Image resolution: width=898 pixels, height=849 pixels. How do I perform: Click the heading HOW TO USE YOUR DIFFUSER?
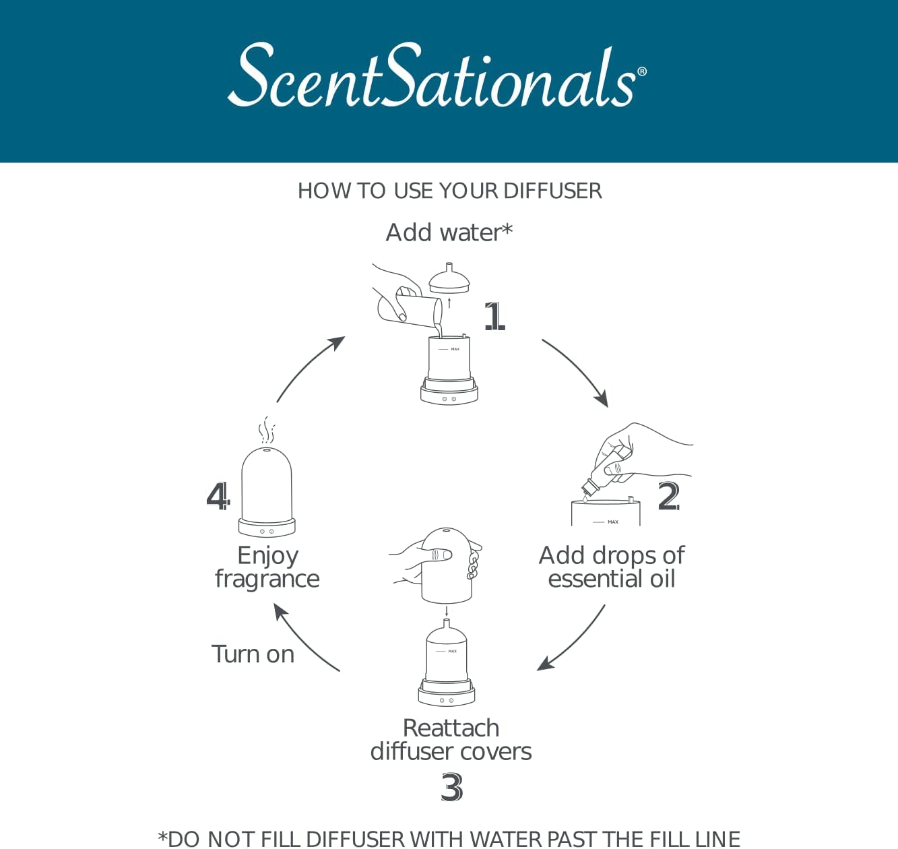pos(449,191)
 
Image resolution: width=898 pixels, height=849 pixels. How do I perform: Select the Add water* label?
pos(449,232)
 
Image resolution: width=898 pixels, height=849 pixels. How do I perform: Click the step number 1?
pos(494,316)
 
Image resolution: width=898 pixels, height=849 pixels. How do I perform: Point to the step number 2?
pos(668,497)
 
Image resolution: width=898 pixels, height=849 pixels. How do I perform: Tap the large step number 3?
pos(451,787)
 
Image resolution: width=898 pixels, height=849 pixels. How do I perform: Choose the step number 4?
pos(218,497)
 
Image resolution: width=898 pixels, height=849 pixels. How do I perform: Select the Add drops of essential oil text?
pos(612,567)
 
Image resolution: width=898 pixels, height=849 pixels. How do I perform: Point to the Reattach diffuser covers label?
pos(451,739)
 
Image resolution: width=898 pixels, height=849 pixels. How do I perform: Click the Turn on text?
pos(253,654)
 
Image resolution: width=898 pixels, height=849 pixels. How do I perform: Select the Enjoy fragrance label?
pos(267,567)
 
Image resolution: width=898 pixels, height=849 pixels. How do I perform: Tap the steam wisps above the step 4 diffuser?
pos(267,429)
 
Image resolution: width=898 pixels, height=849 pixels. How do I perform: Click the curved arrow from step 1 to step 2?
pos(577,371)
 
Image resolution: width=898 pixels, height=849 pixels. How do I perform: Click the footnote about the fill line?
pos(449,838)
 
